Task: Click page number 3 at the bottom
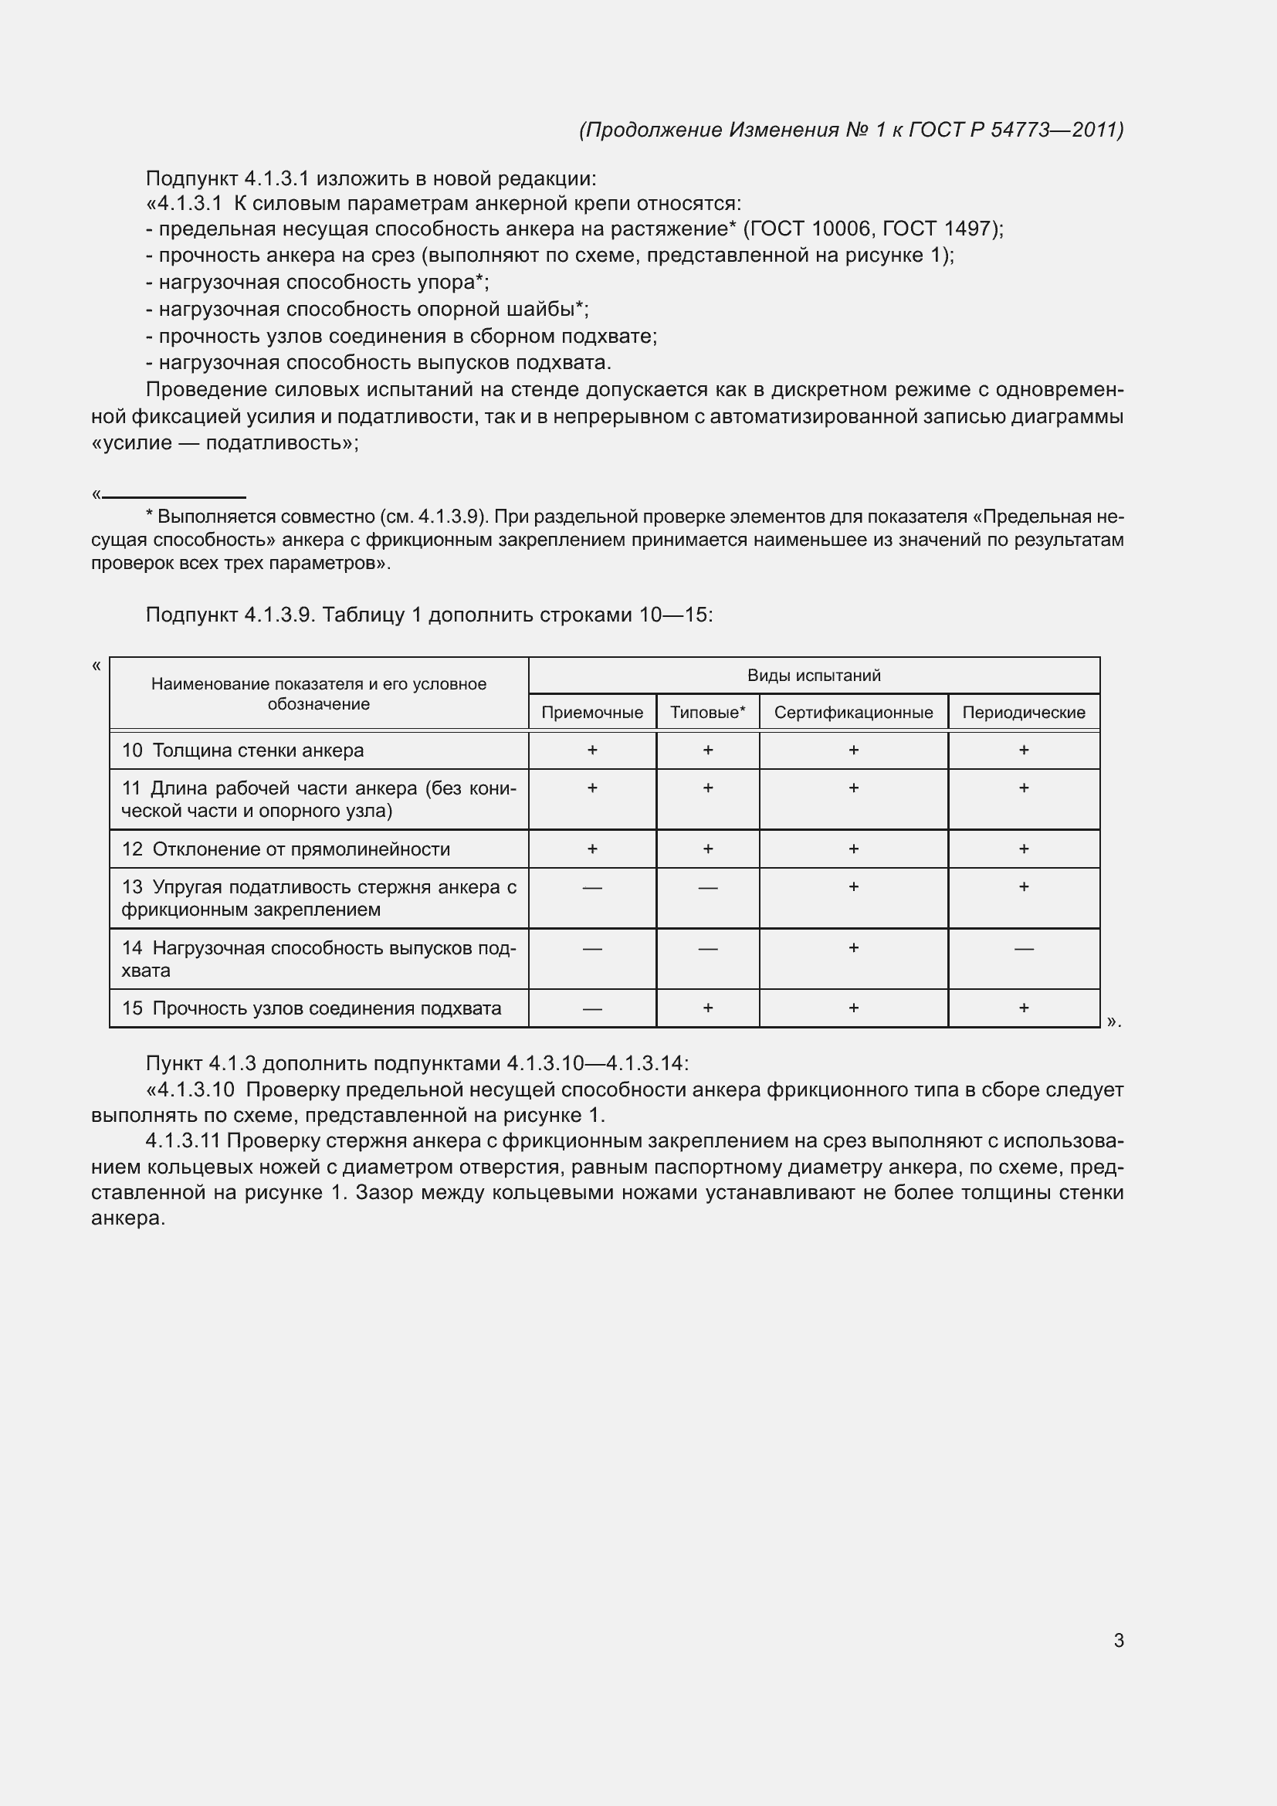pyautogui.click(x=1118, y=1640)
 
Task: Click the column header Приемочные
pyautogui.click(x=591, y=713)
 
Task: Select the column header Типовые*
pyautogui.click(x=707, y=713)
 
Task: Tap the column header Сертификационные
pyautogui.click(x=853, y=713)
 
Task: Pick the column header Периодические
pyautogui.click(x=1023, y=713)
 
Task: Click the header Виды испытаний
pyautogui.click(x=813, y=676)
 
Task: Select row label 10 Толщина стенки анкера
pyautogui.click(x=243, y=751)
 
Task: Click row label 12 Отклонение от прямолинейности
pyautogui.click(x=286, y=849)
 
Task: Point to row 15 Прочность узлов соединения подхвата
pyautogui.click(x=311, y=1008)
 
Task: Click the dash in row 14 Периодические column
pyautogui.click(x=1023, y=949)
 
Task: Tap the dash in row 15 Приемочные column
pyautogui.click(x=591, y=1009)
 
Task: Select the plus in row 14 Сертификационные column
pyautogui.click(x=853, y=948)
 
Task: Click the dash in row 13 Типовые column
pyautogui.click(x=707, y=888)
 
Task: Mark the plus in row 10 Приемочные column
pyautogui.click(x=591, y=751)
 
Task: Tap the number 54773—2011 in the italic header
pyautogui.click(x=1054, y=130)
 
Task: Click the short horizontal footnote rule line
pyautogui.click(x=174, y=497)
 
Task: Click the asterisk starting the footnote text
pyautogui.click(x=150, y=516)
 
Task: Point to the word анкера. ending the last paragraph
pyautogui.click(x=128, y=1218)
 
